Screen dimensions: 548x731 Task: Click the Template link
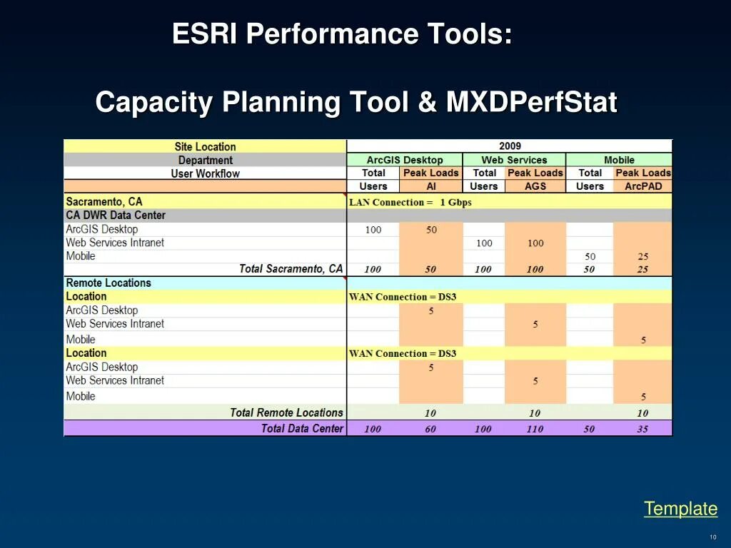click(680, 509)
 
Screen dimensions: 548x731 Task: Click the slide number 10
click(712, 537)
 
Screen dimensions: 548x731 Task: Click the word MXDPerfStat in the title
click(531, 103)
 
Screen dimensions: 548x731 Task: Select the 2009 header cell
click(510, 146)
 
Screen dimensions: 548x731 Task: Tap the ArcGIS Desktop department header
click(405, 160)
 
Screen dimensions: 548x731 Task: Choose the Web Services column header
click(514, 160)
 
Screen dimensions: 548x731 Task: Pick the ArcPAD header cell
click(643, 186)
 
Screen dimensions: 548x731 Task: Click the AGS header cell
click(535, 186)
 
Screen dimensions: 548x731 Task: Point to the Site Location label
click(205, 146)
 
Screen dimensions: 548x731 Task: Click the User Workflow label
click(205, 173)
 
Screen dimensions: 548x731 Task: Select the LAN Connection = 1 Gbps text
click(410, 202)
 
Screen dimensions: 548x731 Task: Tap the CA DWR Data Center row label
click(116, 215)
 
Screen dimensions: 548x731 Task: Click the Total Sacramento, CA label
click(291, 269)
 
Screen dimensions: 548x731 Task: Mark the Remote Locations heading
click(109, 283)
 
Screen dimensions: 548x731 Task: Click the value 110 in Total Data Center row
click(535, 429)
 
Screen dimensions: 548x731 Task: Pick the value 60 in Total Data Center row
click(430, 429)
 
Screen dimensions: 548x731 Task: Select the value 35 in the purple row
click(642, 429)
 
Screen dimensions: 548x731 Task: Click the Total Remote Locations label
click(286, 412)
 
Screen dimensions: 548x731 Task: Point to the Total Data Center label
click(302, 428)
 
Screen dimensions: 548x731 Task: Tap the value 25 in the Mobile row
click(642, 256)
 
